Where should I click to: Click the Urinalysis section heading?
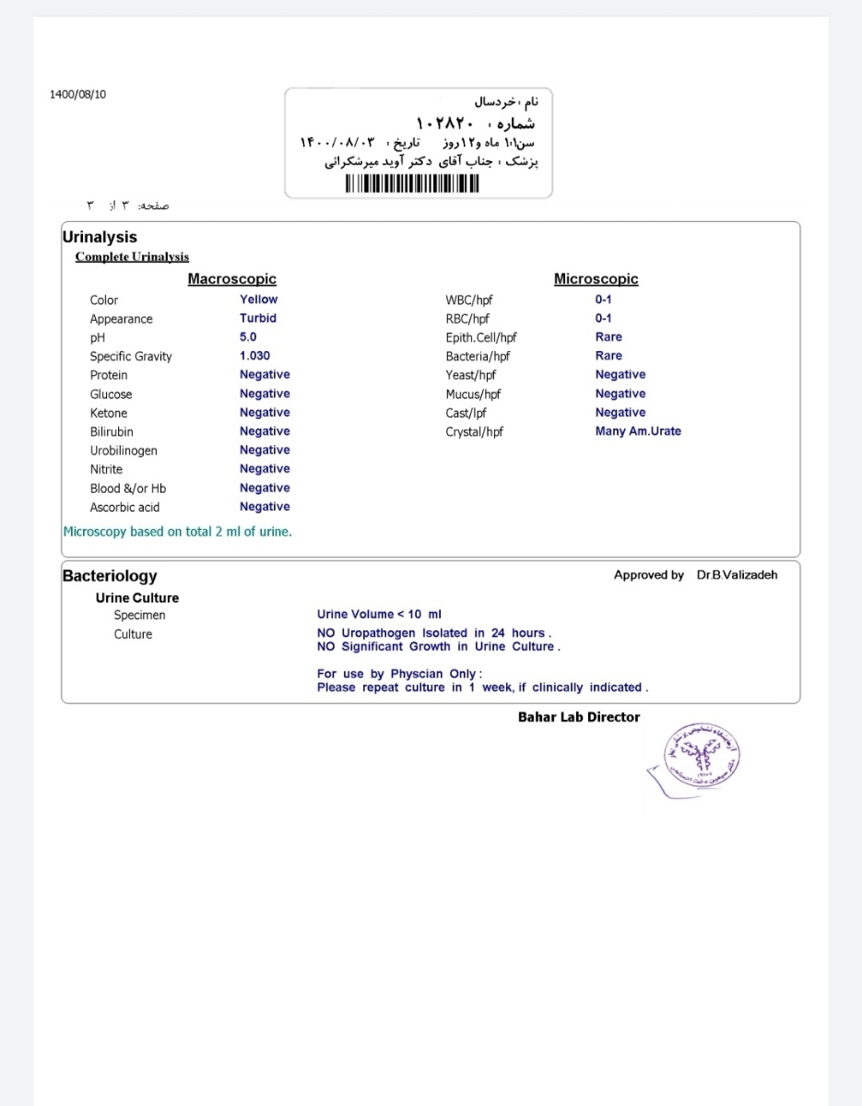[100, 237]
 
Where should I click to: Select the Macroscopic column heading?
[231, 278]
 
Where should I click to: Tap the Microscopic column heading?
[596, 278]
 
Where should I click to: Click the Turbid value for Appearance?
[258, 318]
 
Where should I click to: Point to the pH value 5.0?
[248, 337]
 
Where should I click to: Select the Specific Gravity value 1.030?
[254, 356]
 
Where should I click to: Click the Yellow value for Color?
[258, 300]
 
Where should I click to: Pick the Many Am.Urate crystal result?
[638, 431]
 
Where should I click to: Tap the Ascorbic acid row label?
[124, 507]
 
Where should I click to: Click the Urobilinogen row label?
[124, 451]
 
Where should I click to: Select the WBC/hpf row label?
[469, 300]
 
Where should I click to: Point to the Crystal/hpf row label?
[474, 431]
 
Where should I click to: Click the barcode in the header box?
[413, 183]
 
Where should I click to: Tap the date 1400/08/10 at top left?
[78, 94]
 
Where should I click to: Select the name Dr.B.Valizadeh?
[737, 575]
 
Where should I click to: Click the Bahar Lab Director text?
[579, 717]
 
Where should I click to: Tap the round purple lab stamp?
[704, 759]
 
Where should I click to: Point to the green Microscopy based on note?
[177, 532]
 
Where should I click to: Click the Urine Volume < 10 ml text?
[379, 614]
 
